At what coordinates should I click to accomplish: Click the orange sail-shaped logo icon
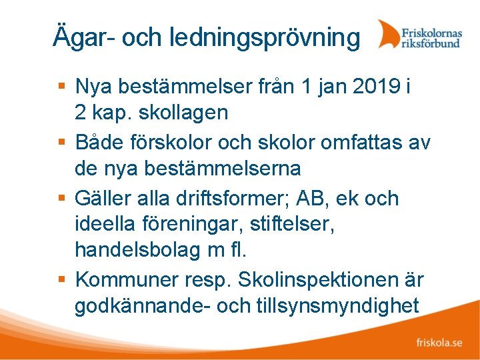click(x=388, y=34)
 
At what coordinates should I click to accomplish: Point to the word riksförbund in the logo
click(x=430, y=43)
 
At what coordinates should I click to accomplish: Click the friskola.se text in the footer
click(x=439, y=343)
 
